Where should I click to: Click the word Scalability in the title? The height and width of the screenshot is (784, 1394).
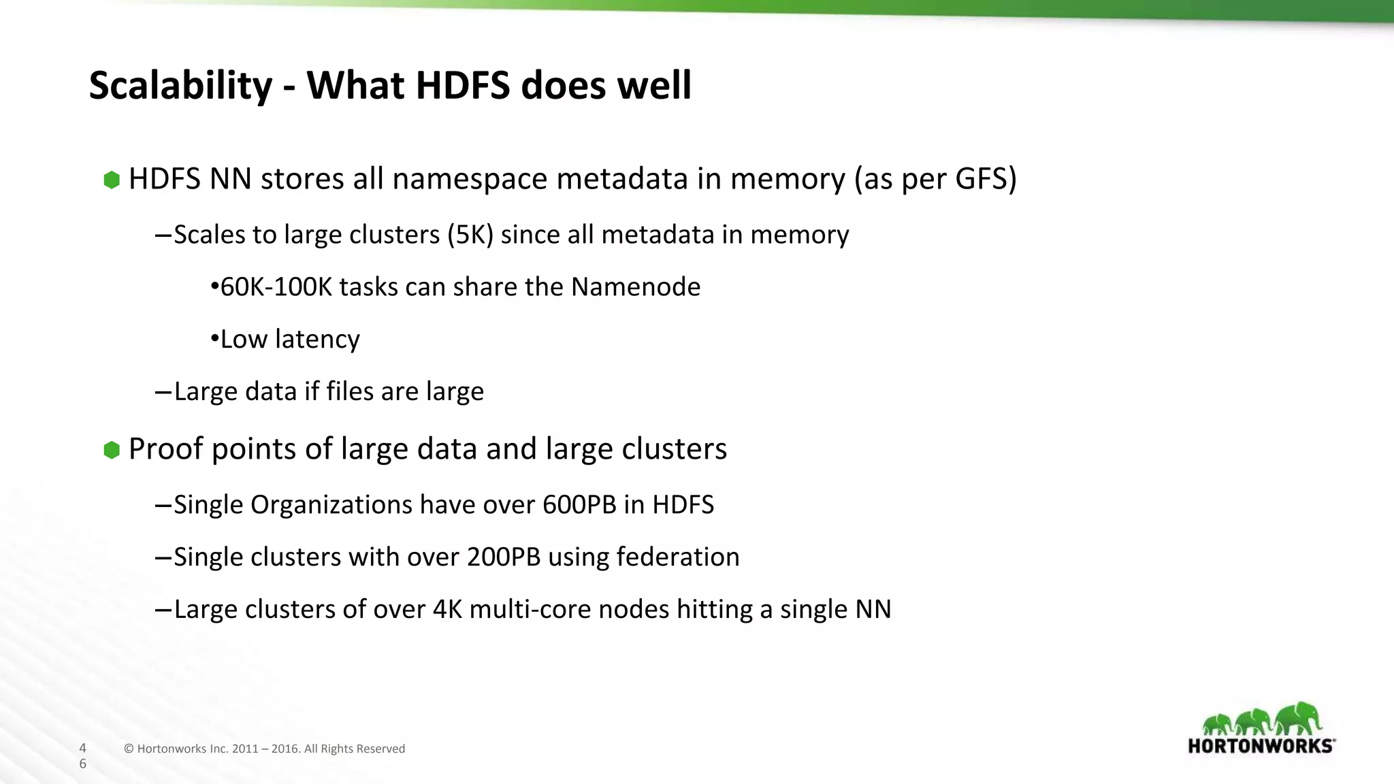coord(180,86)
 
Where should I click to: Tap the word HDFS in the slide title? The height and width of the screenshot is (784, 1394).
coord(462,86)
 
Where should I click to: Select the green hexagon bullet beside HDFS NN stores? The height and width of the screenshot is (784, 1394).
coord(112,180)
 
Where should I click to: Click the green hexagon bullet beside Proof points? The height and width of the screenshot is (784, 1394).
coord(112,450)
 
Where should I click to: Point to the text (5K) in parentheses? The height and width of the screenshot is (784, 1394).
coord(470,235)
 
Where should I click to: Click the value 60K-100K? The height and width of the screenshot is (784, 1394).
coord(276,287)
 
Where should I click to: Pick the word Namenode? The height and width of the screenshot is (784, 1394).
coord(636,287)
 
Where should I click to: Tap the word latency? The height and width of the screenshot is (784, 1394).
coord(317,340)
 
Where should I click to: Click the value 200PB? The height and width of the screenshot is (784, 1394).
coord(504,557)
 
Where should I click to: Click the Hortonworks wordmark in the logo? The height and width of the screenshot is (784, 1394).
coord(1261,746)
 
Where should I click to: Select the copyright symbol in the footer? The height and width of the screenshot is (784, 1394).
coord(129,749)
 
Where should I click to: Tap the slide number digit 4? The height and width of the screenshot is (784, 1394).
coord(83,748)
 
